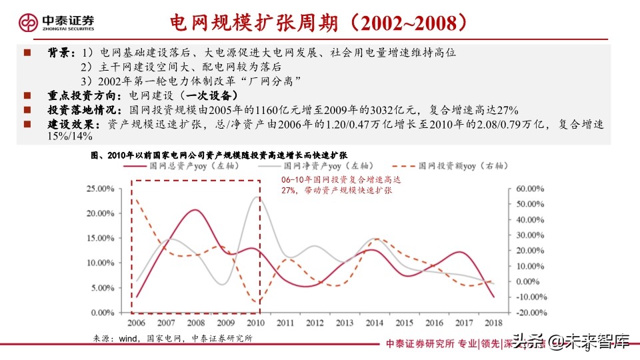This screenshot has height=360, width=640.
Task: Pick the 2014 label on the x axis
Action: click(x=375, y=323)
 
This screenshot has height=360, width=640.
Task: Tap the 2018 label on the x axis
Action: click(x=494, y=323)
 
